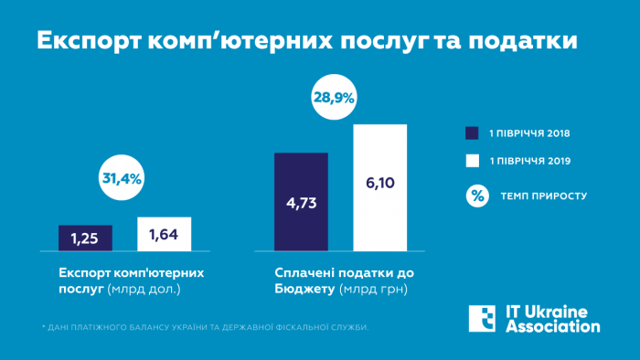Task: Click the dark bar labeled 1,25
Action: tap(85, 238)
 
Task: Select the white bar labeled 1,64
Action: tap(165, 234)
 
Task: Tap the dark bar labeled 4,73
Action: tap(301, 202)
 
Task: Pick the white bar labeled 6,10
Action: tap(379, 186)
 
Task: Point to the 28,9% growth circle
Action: tap(335, 97)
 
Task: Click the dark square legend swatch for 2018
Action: tap(473, 132)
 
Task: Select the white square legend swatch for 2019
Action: tap(473, 161)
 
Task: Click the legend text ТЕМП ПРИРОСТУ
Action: tap(544, 196)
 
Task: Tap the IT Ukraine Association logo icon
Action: tap(481, 318)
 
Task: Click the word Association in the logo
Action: tap(553, 326)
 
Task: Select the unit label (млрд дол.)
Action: tap(144, 290)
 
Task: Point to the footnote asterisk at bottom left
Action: tap(43, 325)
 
